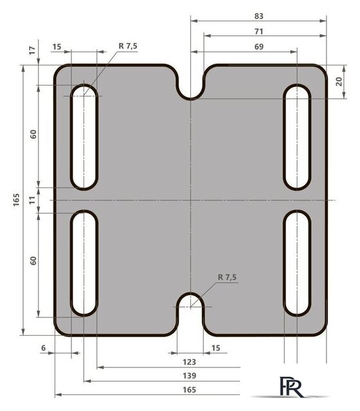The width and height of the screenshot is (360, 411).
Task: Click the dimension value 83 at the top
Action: (259, 15)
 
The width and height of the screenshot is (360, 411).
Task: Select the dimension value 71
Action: (259, 31)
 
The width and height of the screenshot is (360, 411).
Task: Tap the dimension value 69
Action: (259, 46)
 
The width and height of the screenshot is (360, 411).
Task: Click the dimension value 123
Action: (189, 362)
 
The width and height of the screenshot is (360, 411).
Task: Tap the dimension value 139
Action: (189, 376)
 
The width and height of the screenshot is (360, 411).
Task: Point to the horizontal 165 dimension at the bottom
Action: (189, 390)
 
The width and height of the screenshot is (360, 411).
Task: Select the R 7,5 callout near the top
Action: (128, 46)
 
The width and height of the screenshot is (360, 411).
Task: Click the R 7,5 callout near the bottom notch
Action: (228, 277)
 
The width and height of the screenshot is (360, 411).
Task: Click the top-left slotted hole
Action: (84, 137)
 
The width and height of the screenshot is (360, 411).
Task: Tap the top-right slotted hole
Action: (297, 137)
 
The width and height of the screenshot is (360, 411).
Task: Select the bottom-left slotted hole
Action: (84, 263)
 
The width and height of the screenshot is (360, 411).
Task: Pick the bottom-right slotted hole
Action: (297, 263)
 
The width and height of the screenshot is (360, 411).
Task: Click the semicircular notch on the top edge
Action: (190, 90)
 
